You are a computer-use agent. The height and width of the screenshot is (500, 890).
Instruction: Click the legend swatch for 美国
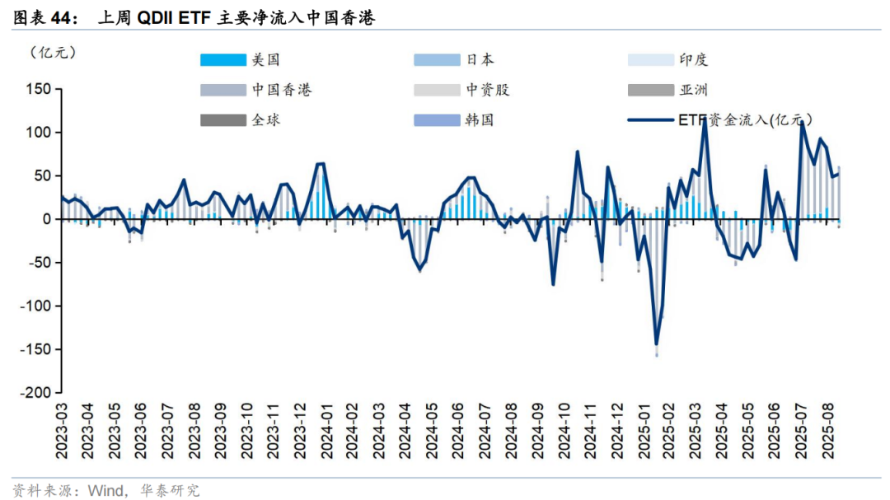[x=223, y=59]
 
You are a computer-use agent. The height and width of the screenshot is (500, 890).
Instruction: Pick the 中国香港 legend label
[x=282, y=90]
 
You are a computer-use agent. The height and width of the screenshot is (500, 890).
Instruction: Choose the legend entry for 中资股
[x=488, y=90]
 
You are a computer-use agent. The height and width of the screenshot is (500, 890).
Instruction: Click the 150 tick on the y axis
[x=39, y=89]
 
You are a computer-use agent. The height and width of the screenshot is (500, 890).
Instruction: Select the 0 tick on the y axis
[x=46, y=219]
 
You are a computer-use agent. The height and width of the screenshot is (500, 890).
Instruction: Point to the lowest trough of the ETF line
[x=657, y=343]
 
